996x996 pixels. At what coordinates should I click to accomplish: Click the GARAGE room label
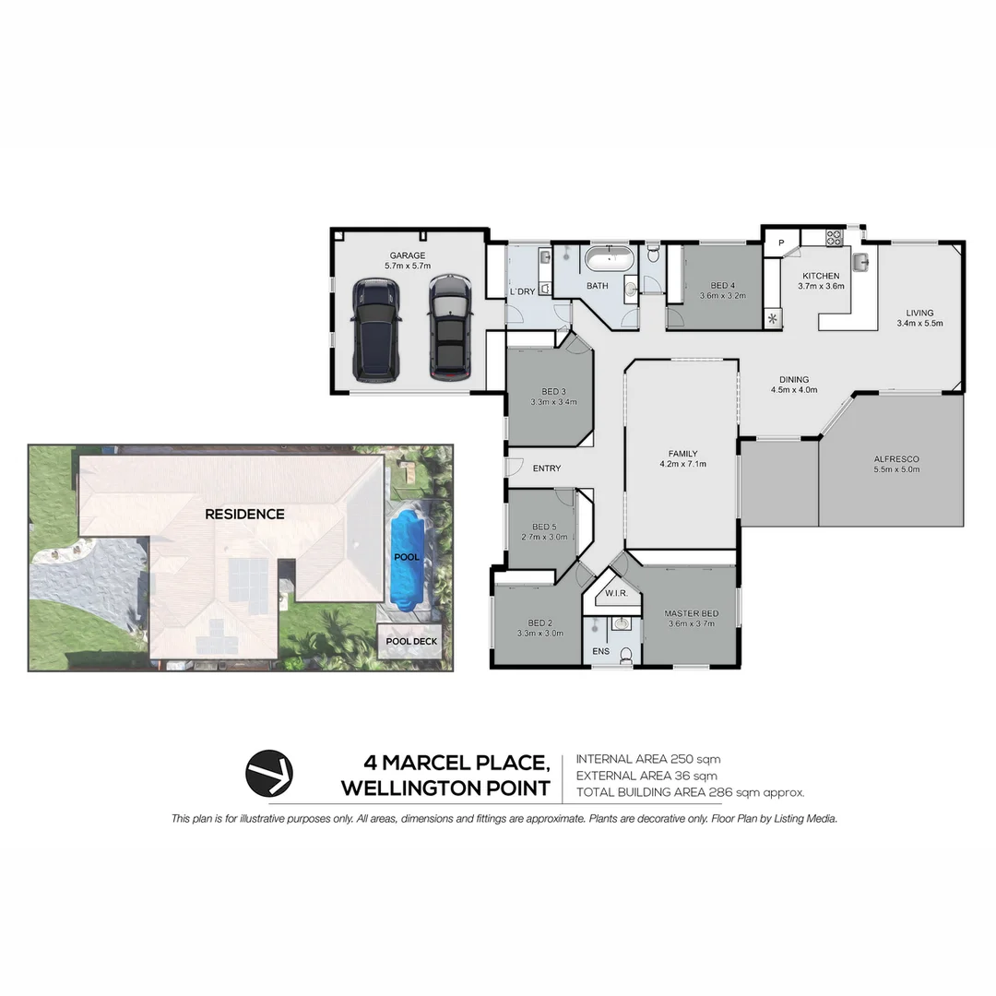pos(407,255)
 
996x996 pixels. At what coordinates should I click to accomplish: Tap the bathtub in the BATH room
pos(610,259)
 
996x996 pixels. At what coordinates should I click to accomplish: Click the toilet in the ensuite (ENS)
pos(626,656)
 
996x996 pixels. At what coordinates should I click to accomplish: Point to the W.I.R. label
pos(616,593)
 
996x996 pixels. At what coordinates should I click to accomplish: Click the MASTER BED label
pos(691,613)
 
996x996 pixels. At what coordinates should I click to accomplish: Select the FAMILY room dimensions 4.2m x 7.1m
pos(682,464)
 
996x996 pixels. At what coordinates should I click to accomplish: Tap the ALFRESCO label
pos(896,458)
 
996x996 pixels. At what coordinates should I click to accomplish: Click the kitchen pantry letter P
pos(781,243)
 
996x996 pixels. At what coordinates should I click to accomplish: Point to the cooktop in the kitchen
pos(834,237)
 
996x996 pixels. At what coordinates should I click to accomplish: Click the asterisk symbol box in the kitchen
pos(772,320)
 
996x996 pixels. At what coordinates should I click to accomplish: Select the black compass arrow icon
pos(269,773)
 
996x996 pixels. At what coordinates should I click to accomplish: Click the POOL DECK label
pos(412,641)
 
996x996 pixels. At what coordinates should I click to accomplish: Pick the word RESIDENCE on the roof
pos(244,514)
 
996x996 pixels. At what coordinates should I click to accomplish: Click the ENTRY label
pos(547,468)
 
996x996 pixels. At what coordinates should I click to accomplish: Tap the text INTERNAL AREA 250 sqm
pos(647,759)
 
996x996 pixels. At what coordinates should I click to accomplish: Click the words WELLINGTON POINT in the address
pos(445,788)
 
